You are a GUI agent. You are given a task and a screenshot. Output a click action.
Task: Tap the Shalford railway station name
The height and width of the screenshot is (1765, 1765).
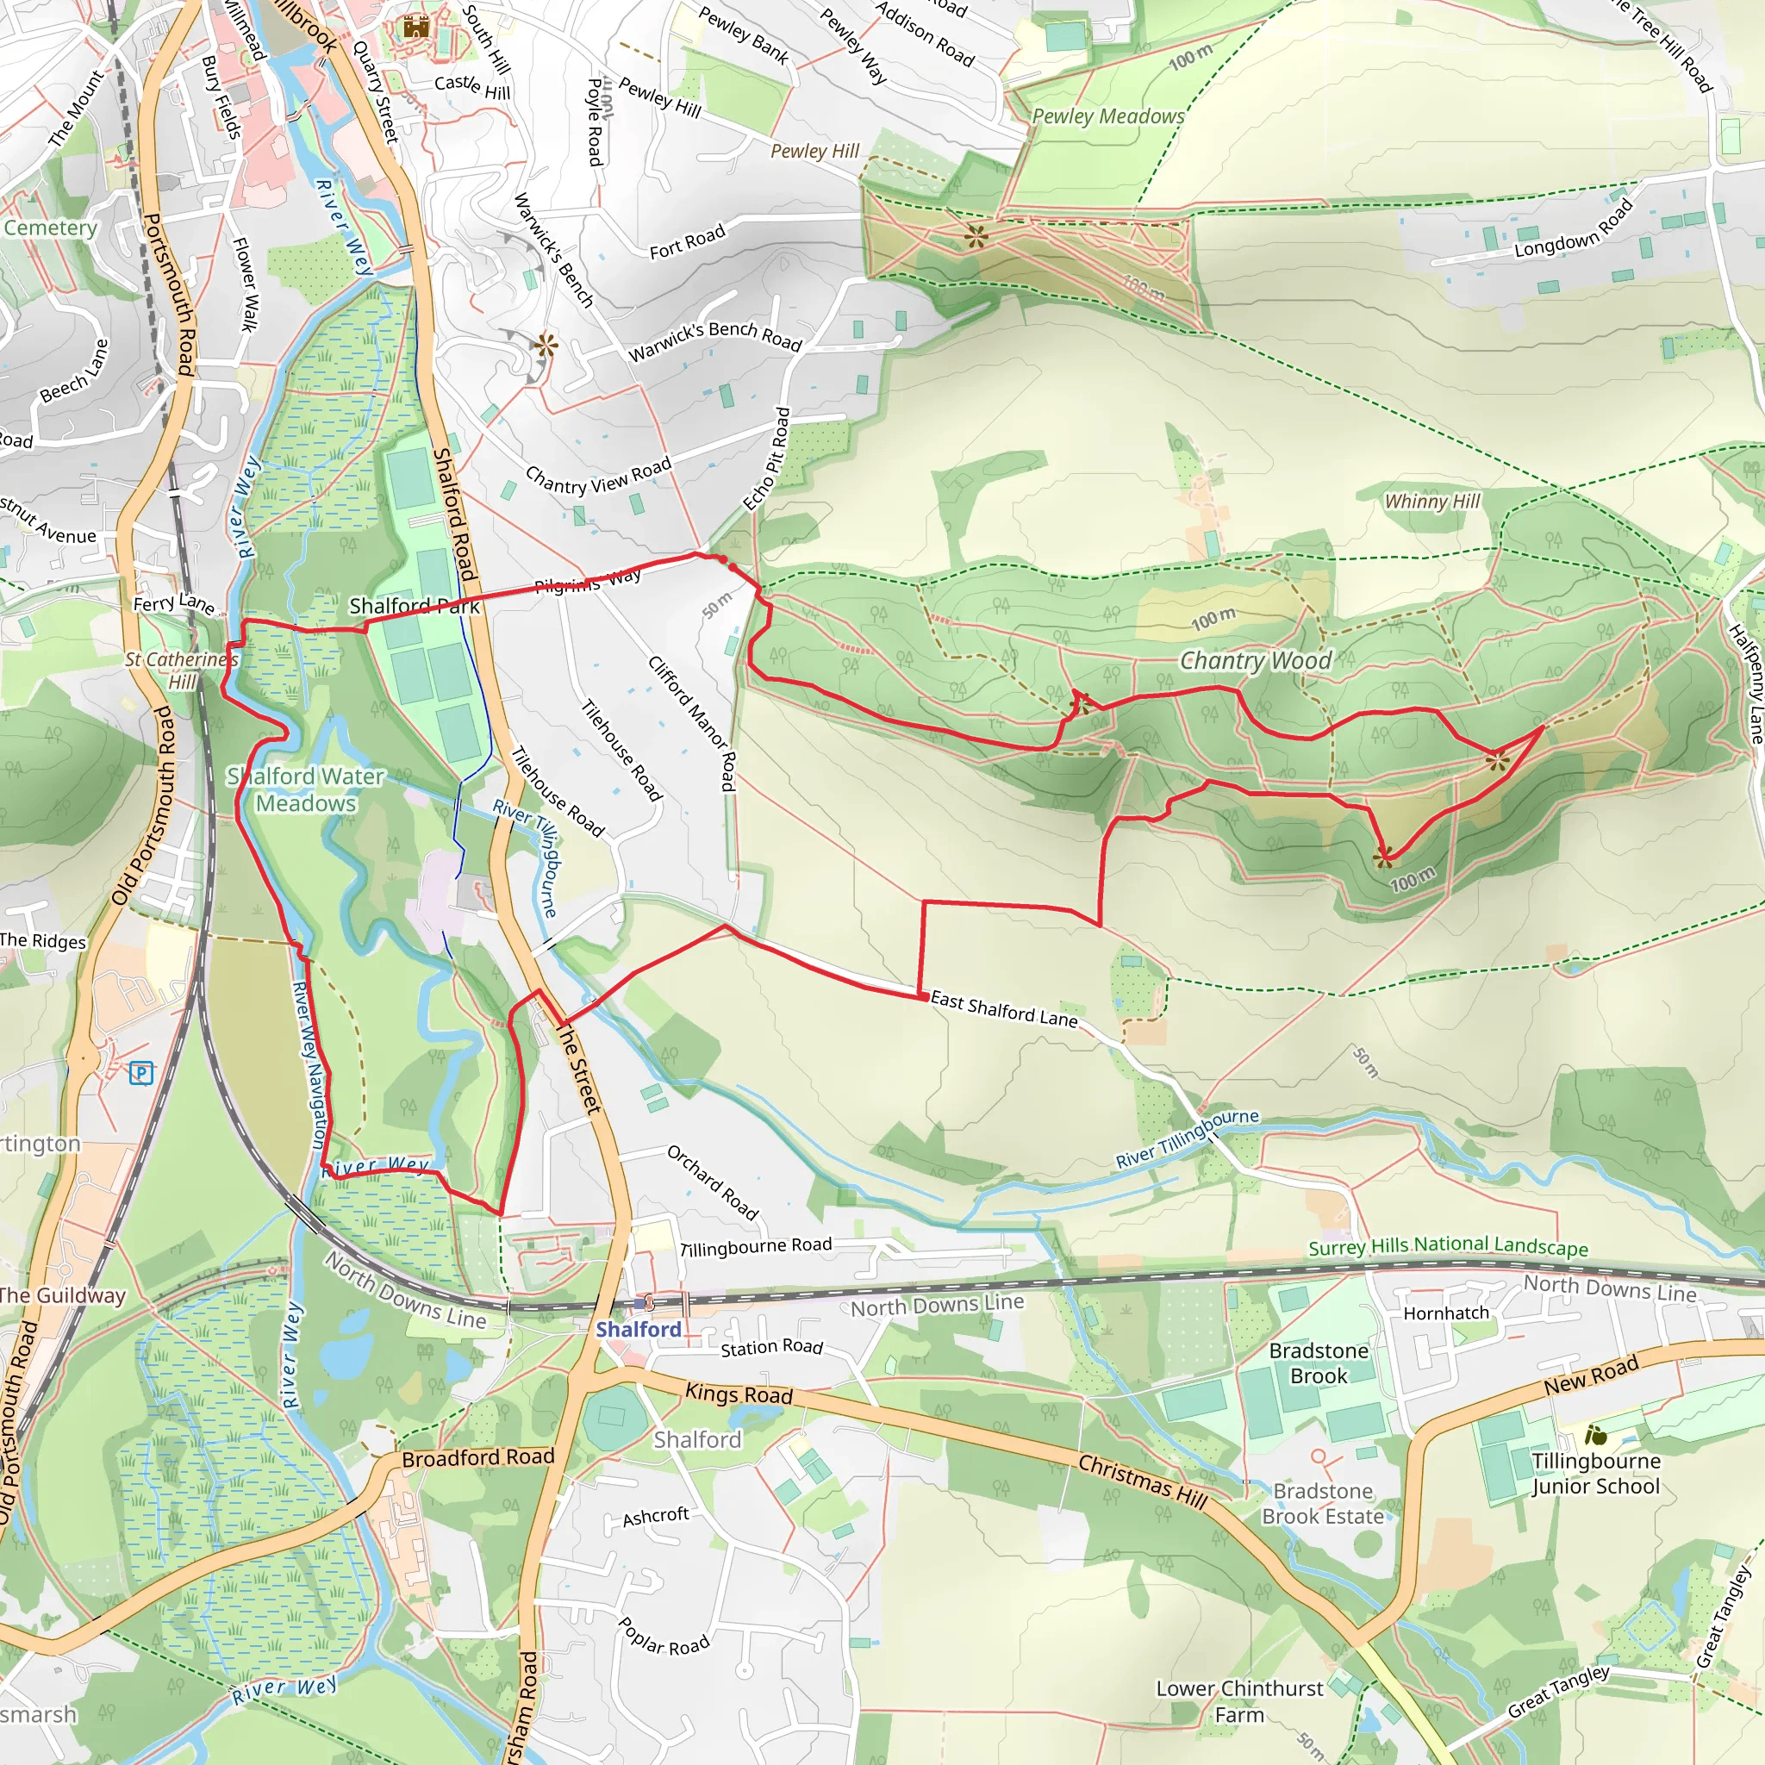click(638, 1329)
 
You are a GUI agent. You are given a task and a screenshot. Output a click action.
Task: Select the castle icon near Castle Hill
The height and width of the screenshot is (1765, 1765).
click(416, 28)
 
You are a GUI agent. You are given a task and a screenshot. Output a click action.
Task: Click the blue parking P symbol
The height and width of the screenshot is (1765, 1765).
click(140, 1072)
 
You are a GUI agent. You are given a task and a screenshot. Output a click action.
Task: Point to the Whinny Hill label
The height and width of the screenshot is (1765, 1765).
click(1431, 501)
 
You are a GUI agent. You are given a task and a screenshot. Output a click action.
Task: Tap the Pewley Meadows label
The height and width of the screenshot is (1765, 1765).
click(1107, 116)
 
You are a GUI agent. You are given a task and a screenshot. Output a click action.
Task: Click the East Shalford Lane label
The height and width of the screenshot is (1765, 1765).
click(1004, 1009)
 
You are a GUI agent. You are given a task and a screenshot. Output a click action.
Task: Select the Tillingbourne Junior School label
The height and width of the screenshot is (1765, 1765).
click(1595, 1474)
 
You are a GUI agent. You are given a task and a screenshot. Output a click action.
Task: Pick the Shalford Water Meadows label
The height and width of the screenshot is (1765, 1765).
click(306, 789)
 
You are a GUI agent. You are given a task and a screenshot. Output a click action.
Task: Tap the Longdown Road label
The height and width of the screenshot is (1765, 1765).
click(1573, 229)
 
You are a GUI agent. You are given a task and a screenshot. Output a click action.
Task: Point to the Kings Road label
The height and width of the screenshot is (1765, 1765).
click(739, 1394)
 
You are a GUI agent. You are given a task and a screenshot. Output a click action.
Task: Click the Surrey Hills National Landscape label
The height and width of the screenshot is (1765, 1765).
click(1447, 1247)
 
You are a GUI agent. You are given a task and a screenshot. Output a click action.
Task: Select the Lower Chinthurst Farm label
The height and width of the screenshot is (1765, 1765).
click(1238, 1701)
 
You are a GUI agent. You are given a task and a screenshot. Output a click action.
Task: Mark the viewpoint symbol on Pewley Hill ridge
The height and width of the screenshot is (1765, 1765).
click(976, 238)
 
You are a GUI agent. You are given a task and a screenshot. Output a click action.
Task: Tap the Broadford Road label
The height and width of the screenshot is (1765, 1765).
click(477, 1458)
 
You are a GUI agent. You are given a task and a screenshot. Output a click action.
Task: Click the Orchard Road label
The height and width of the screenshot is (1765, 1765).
click(712, 1183)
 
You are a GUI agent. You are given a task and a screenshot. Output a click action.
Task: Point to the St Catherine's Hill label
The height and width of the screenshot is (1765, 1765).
click(182, 670)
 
